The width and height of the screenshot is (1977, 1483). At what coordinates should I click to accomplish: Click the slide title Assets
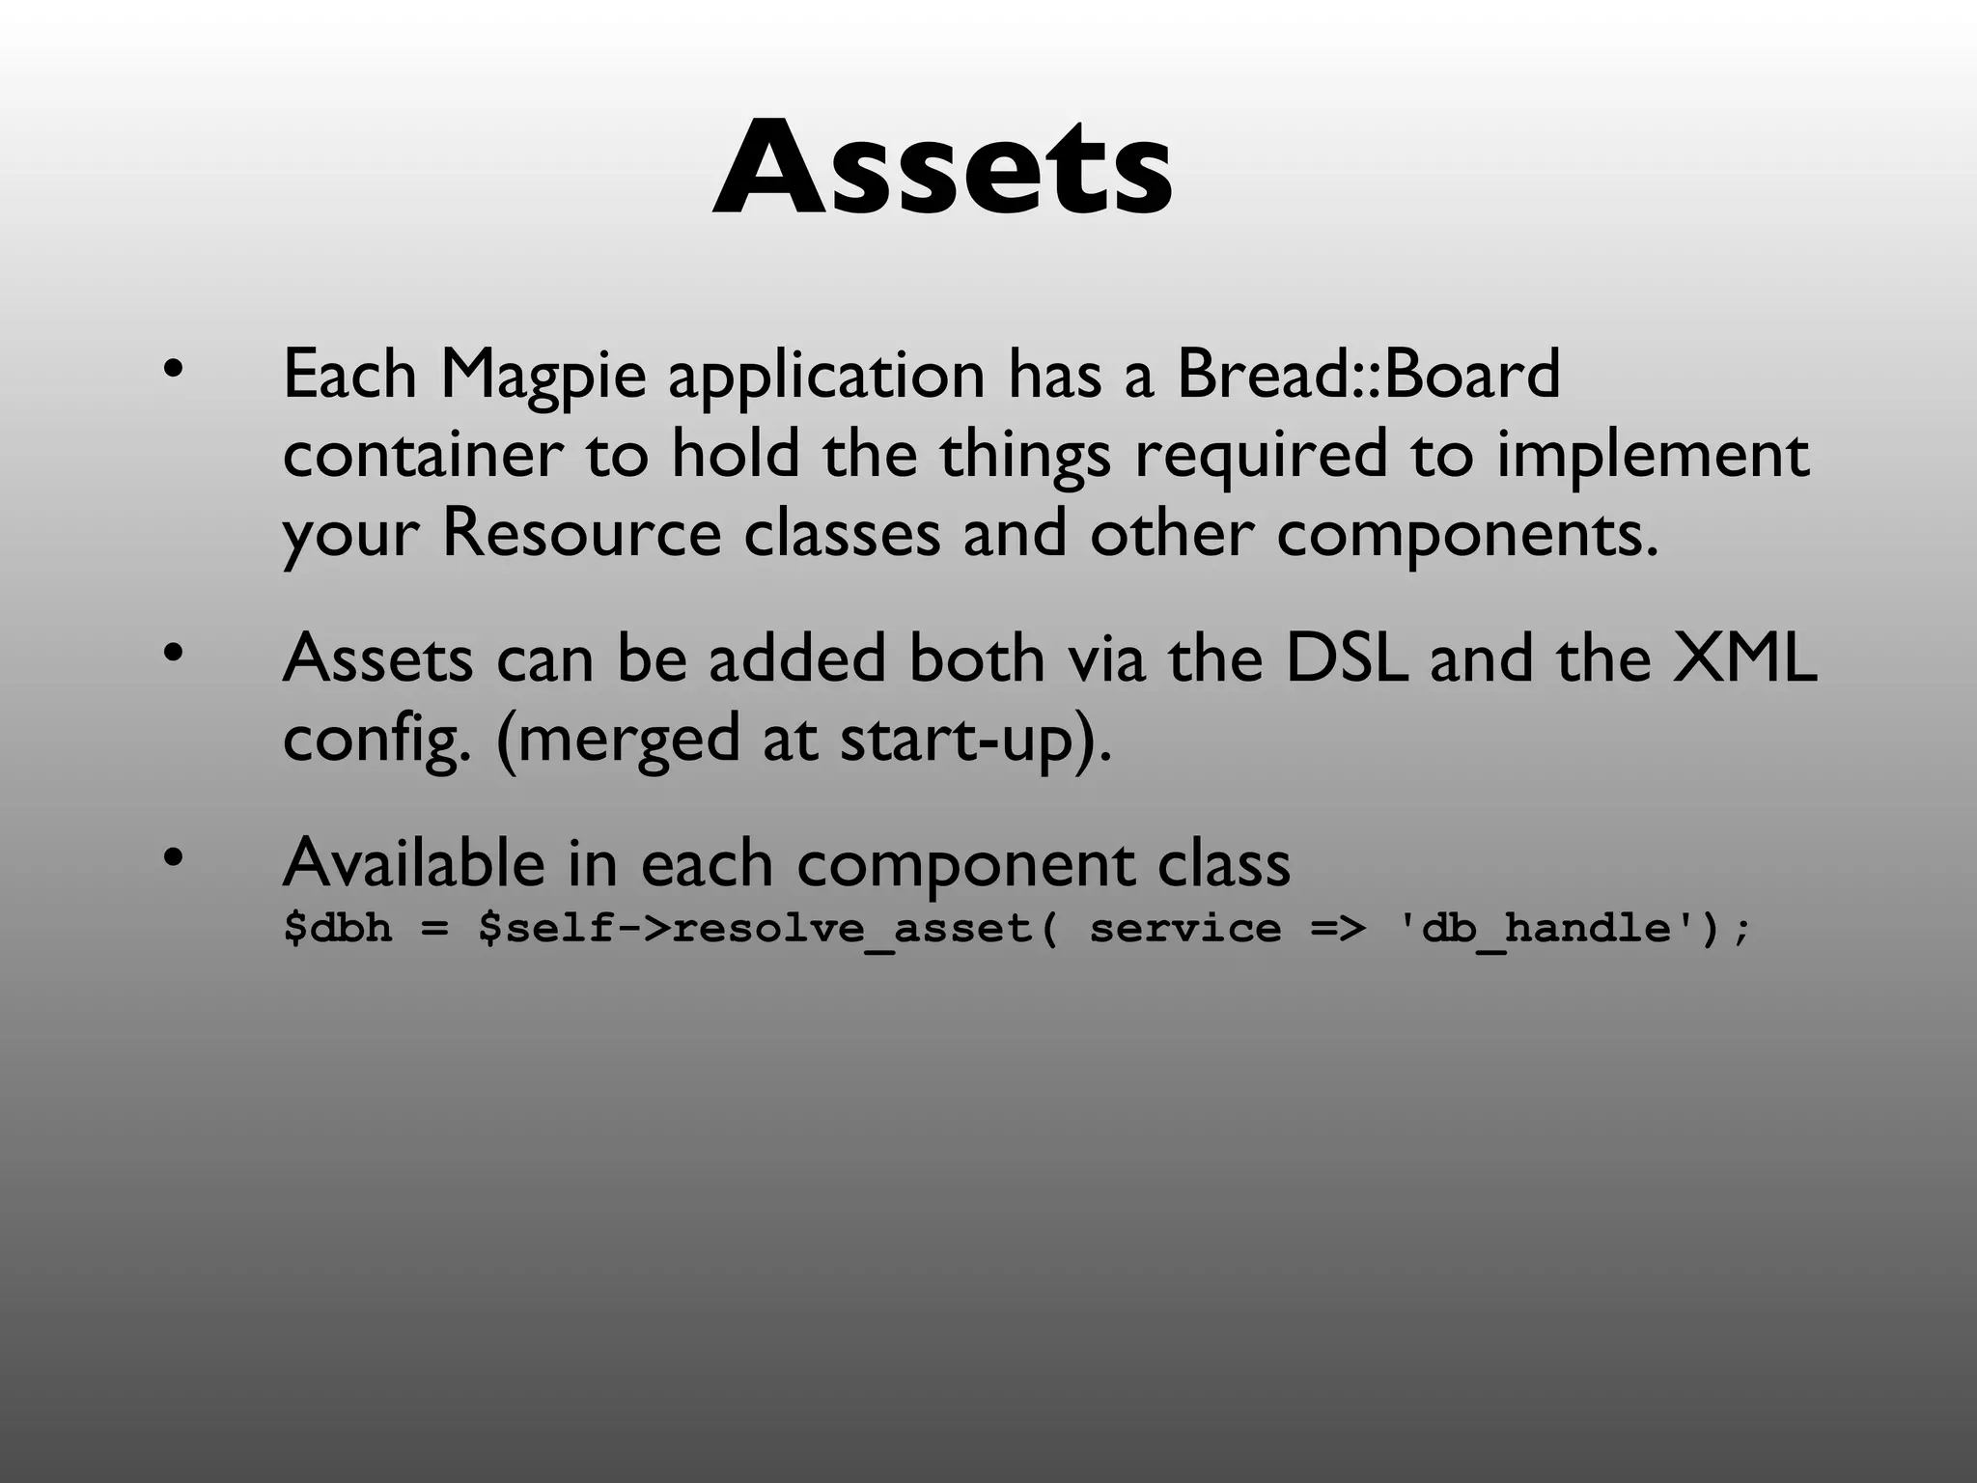point(943,168)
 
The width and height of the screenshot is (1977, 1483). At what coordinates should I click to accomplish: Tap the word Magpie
point(543,375)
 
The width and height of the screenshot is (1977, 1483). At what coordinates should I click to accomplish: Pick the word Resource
point(581,533)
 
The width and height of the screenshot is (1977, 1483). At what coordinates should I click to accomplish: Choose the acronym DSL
point(1346,658)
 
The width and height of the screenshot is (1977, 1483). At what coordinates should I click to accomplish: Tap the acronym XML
point(1744,658)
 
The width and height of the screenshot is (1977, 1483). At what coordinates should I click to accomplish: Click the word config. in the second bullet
point(376,740)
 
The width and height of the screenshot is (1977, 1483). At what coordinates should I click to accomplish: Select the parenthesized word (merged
point(616,740)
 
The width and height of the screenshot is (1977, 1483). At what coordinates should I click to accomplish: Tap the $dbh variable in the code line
point(338,929)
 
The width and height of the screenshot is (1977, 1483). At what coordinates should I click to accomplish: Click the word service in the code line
point(1185,929)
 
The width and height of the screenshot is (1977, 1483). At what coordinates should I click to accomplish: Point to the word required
point(1260,456)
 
